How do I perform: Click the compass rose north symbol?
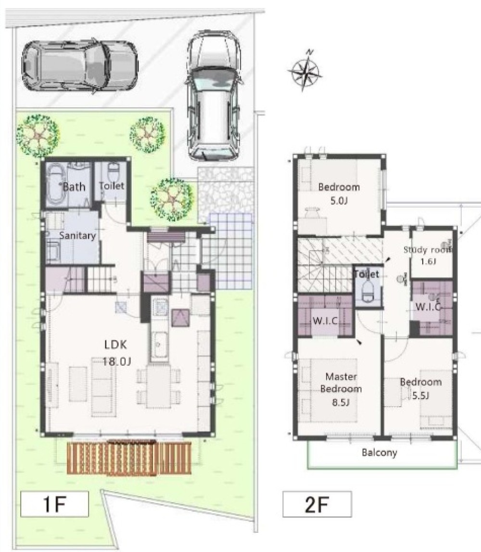coord(305,71)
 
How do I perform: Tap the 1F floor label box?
coord(54,504)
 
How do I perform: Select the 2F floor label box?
coord(317,504)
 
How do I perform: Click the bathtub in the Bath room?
coord(56,184)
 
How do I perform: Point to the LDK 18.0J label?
coord(117,353)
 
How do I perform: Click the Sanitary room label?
coord(77,235)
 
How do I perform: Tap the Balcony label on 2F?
coord(380,452)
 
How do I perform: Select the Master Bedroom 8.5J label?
coord(341,389)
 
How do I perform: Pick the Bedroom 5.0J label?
coord(339,193)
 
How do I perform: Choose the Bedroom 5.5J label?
coord(421,389)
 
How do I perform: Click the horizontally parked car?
coord(80,66)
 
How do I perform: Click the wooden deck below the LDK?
coord(129,457)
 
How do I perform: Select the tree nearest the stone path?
coord(172,199)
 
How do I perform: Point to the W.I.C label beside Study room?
coord(428,307)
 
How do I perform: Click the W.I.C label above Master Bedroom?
coord(326,321)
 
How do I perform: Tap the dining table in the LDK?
coord(159,386)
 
